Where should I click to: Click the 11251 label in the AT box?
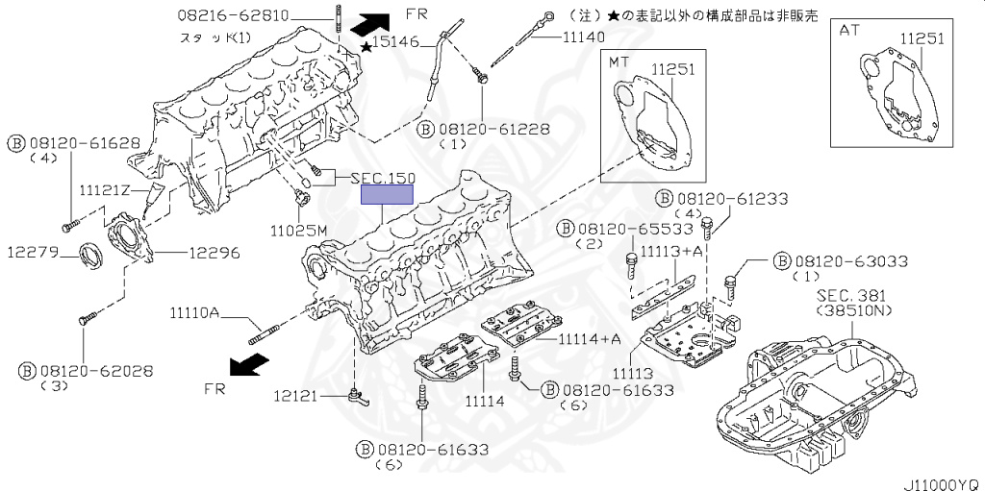[x=922, y=38]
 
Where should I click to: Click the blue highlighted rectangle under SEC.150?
[x=386, y=195]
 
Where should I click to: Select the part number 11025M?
[x=299, y=231]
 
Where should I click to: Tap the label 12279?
[x=35, y=254]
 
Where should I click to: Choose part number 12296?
[x=214, y=254]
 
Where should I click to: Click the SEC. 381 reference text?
[x=852, y=296]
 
